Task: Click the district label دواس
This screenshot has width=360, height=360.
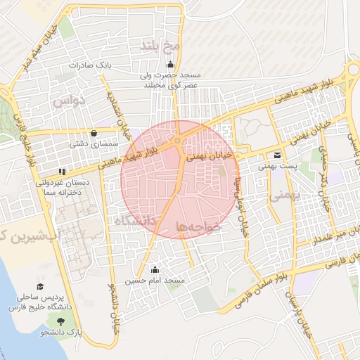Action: coord(68,101)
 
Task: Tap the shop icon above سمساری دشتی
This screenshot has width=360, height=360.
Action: coord(94,132)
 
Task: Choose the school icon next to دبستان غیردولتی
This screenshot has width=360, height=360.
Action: coord(63,171)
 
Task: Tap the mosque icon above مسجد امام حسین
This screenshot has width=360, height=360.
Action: coord(155,269)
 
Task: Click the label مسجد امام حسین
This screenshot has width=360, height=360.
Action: coord(155,281)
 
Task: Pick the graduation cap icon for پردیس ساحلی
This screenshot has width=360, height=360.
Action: coord(40,287)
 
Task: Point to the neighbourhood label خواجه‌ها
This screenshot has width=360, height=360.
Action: coord(200,226)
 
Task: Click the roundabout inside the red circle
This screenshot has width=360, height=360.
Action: coord(179,141)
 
